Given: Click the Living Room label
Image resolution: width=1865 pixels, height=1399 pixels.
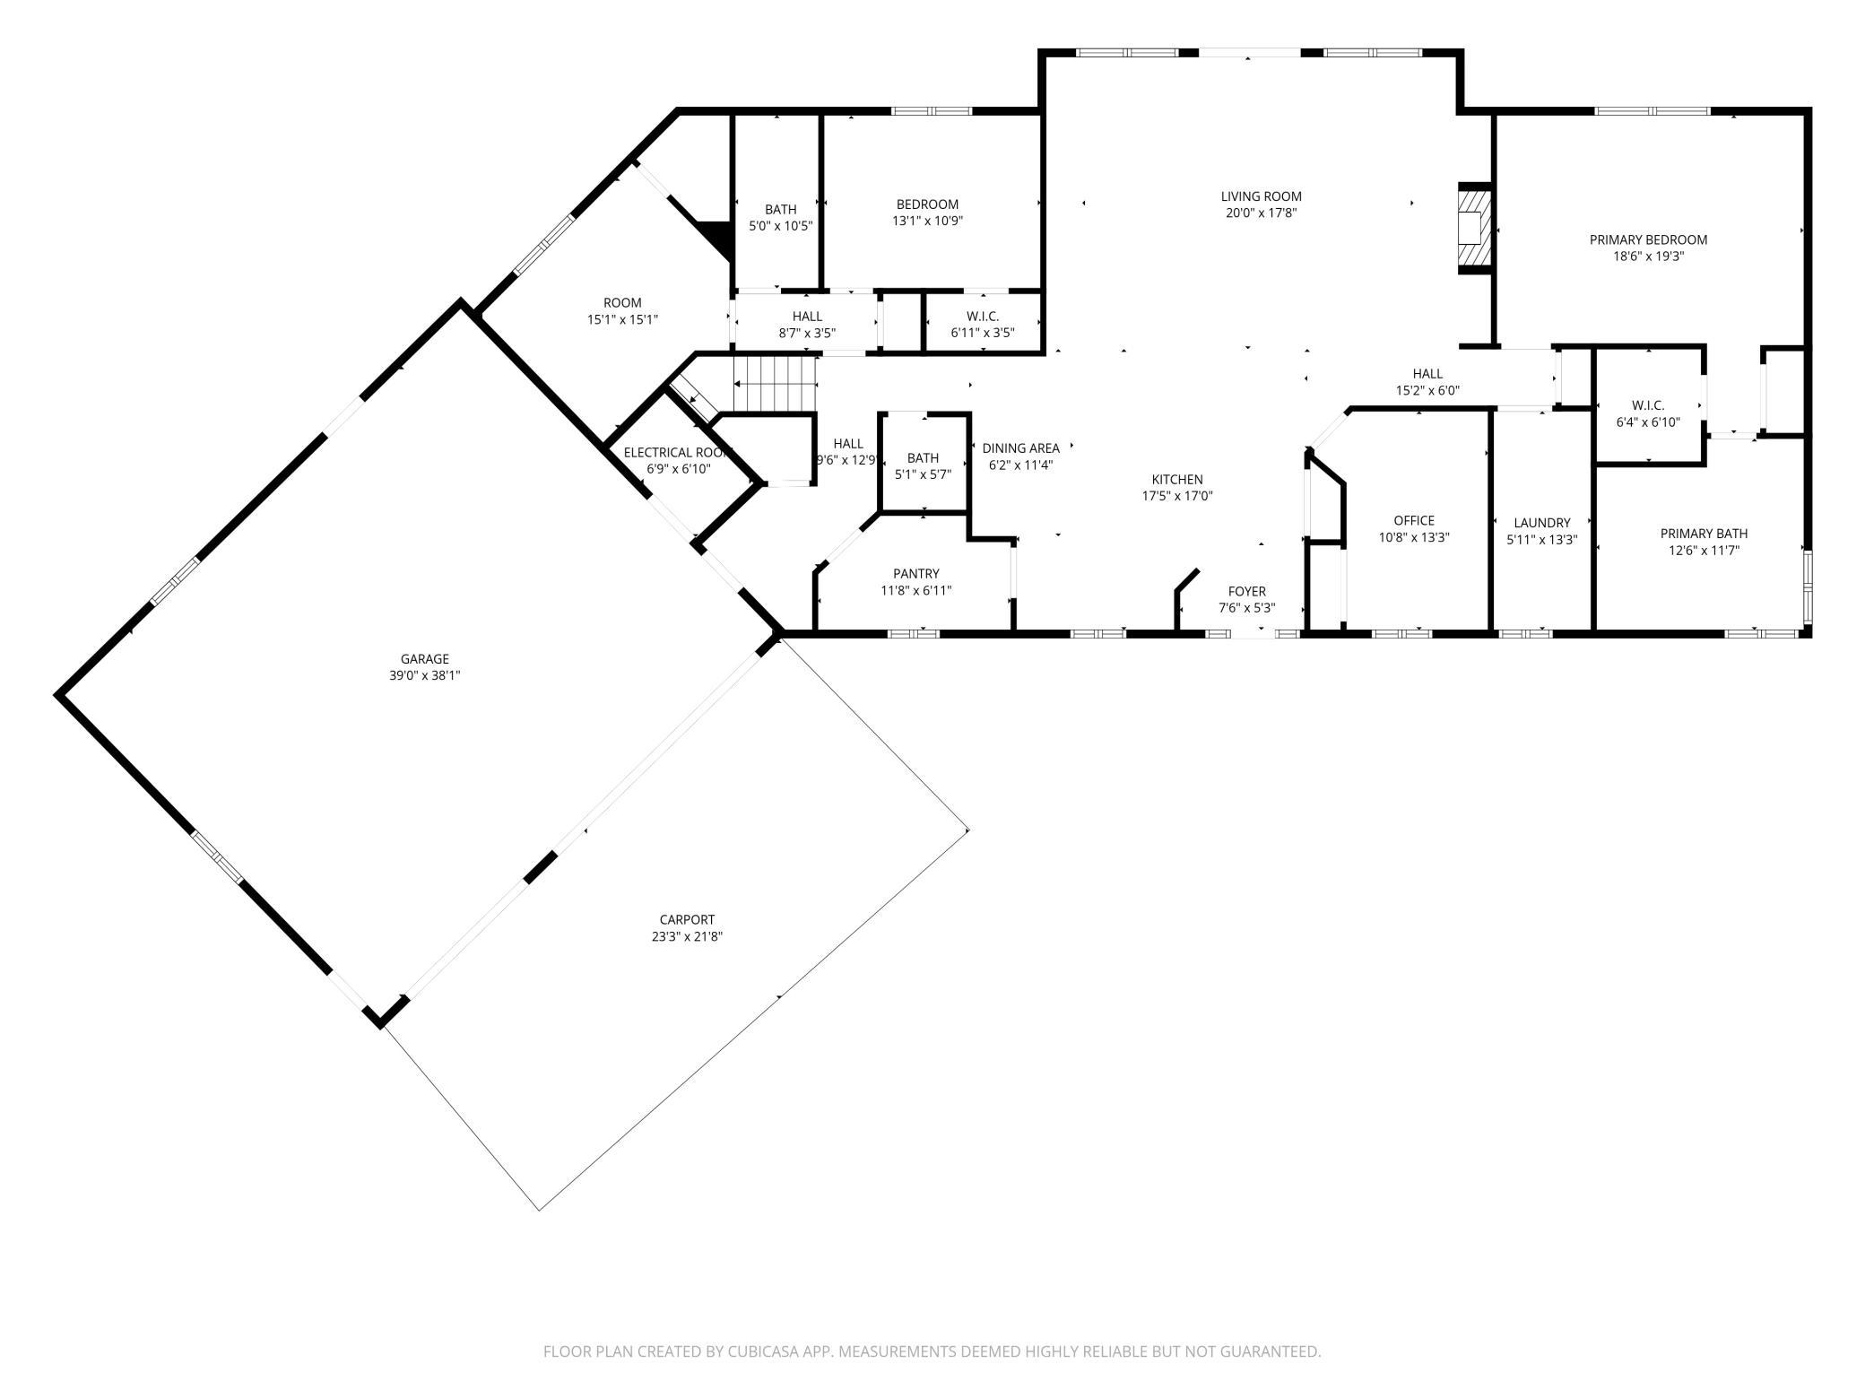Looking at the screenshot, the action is point(1261,196).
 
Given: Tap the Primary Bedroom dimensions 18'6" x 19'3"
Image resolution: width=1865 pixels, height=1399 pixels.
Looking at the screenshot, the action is point(1648,256).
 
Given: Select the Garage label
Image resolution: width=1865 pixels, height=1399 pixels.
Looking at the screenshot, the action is point(424,659).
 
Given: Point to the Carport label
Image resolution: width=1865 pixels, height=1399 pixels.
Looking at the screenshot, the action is point(687,919).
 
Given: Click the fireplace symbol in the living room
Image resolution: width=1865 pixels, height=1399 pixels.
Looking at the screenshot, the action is point(1474,228).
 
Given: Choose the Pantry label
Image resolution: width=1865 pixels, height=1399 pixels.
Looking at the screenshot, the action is point(915,574).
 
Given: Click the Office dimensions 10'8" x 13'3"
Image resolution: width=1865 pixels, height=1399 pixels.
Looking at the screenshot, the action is point(1414,537).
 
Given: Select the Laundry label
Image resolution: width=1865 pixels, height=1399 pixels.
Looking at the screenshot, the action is point(1542,523).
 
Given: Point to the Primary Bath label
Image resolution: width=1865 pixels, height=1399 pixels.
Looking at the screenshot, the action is point(1704,534).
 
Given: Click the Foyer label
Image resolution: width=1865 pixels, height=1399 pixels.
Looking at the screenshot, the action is point(1246,592).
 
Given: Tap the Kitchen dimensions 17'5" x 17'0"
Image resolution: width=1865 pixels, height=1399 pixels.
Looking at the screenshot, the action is point(1177,496).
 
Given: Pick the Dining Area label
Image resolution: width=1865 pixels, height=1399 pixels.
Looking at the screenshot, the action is point(1020,448).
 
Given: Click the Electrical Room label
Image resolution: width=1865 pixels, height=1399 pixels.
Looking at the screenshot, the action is point(678,453).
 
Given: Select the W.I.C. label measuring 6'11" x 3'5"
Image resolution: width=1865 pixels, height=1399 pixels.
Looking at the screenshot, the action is point(983,317).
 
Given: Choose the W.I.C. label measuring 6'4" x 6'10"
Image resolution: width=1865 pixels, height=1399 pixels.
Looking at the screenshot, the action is point(1648,405).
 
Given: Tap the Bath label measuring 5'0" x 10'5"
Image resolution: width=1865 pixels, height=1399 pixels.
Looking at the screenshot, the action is point(780,210).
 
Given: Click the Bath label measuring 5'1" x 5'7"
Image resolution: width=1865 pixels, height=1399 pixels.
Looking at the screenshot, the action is point(923,458).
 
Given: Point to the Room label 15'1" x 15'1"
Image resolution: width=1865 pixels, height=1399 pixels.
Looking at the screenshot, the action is point(622,303).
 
